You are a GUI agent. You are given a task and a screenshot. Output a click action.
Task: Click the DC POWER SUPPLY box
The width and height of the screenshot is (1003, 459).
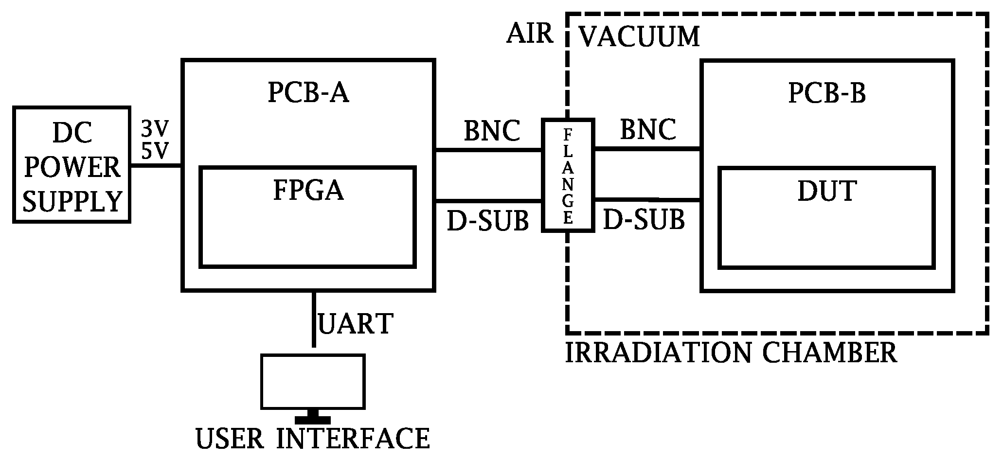click(72, 165)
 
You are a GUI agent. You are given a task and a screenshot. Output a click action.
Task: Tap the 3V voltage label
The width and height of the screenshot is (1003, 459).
click(155, 129)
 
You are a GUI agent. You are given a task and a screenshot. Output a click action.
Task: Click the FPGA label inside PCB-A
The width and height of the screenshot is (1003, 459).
click(308, 191)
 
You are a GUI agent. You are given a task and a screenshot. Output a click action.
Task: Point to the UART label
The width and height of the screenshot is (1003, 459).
click(355, 324)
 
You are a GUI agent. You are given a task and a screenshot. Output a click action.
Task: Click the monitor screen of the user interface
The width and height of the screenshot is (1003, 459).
click(313, 382)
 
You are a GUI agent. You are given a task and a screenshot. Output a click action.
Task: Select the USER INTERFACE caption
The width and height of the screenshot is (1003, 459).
click(313, 439)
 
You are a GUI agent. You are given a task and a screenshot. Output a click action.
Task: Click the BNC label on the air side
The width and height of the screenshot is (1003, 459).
click(492, 130)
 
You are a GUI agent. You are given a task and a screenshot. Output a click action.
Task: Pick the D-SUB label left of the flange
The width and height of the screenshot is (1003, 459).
click(488, 221)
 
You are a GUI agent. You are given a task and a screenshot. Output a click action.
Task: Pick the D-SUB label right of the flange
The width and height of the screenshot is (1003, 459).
click(644, 220)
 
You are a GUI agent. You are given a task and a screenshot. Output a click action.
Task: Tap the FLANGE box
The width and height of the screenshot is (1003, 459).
click(568, 175)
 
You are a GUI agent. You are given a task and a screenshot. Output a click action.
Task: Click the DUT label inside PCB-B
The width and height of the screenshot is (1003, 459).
click(827, 191)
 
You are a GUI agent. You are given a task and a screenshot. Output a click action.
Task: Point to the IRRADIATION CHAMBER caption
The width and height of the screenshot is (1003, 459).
click(731, 353)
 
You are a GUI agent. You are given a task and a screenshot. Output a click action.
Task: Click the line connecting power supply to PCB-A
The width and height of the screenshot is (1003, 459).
click(156, 165)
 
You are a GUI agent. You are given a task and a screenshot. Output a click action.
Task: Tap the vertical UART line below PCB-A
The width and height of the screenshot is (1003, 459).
click(314, 318)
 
